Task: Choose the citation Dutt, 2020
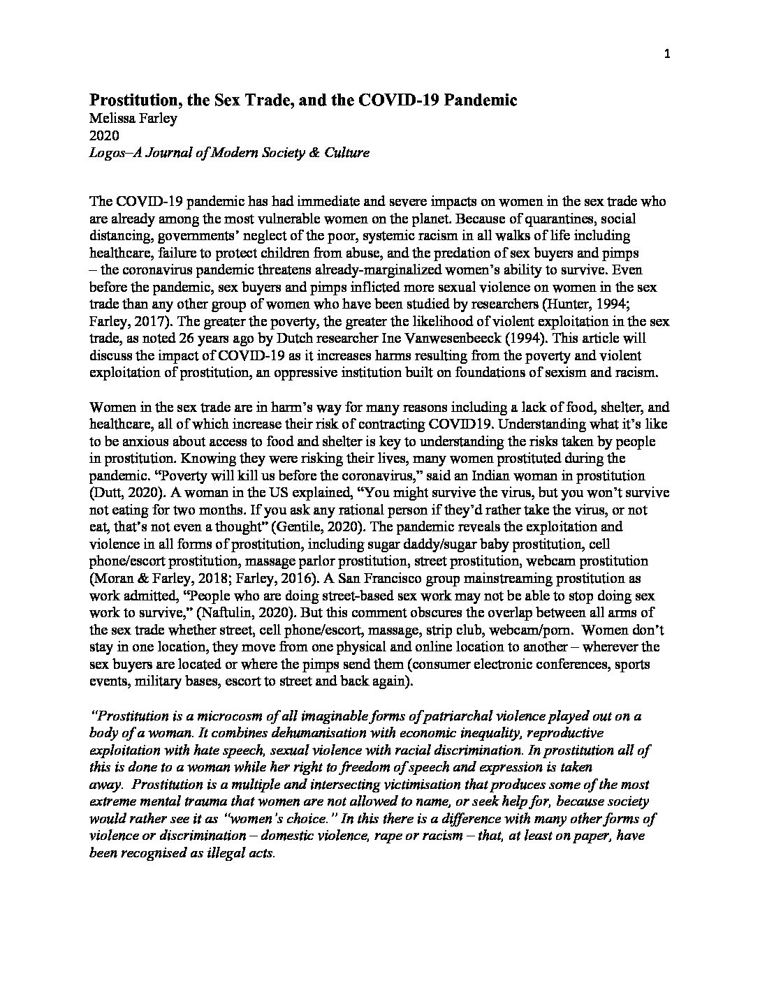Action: pyautogui.click(x=123, y=493)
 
